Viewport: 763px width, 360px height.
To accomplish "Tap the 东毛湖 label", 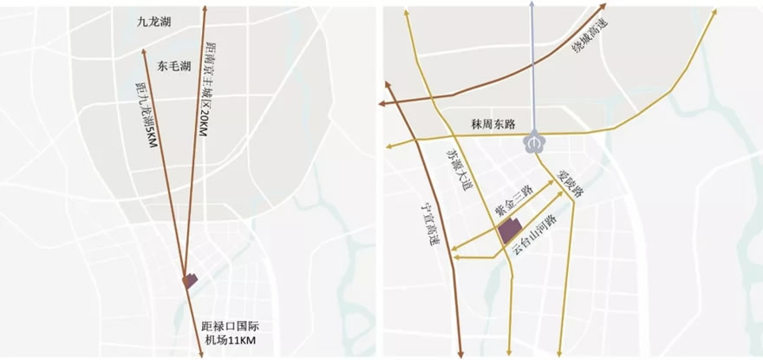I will (x=175, y=65).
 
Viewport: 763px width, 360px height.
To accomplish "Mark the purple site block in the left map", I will (x=191, y=280).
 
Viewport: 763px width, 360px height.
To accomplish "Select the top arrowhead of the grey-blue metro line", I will (x=532, y=6).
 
